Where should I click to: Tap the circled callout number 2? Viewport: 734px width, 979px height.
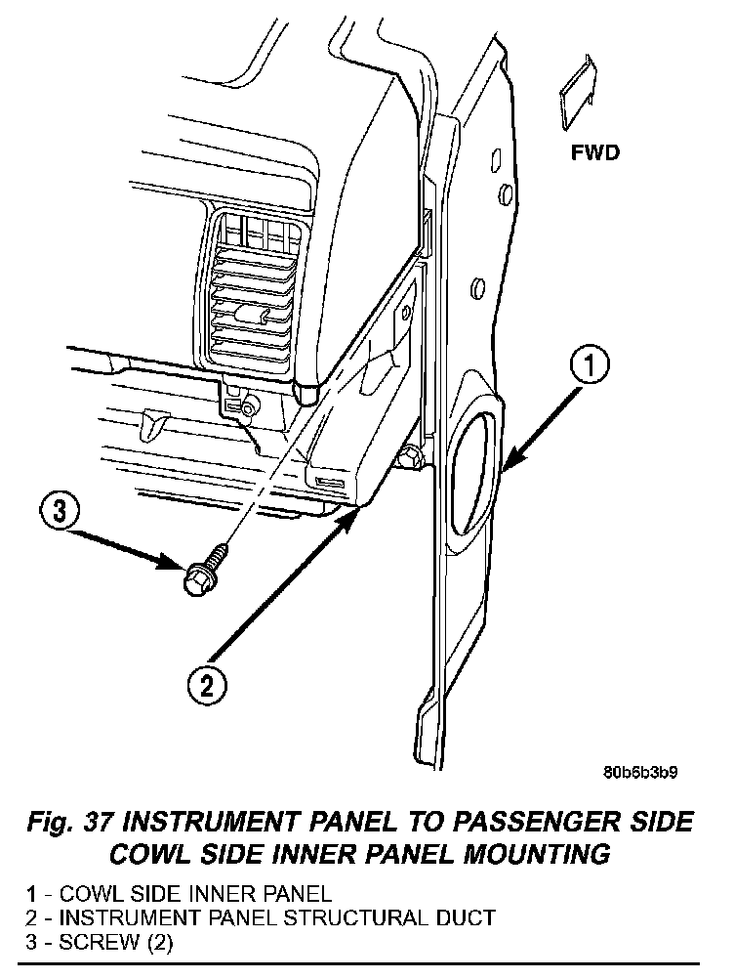point(206,686)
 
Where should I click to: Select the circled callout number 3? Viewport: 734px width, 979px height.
point(60,511)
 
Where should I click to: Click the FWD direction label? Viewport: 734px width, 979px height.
point(595,153)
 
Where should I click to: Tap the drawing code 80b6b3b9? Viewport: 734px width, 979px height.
point(640,772)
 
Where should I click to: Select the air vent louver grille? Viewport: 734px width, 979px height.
point(254,293)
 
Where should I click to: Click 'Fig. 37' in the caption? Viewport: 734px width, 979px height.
point(69,823)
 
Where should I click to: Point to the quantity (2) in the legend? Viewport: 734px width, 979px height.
point(158,942)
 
